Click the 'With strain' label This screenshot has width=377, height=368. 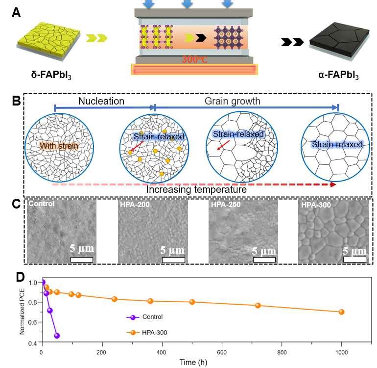58,145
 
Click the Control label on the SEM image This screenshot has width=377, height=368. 41,204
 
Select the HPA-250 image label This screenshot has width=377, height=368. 226,204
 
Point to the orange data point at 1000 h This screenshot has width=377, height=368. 342,312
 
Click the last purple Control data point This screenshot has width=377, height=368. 57,336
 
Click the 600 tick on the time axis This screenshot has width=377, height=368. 222,352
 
